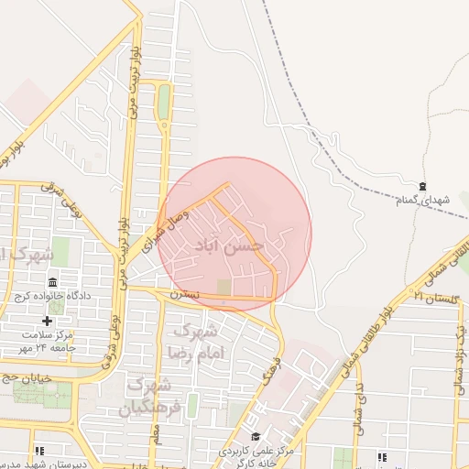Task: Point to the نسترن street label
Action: (183, 294)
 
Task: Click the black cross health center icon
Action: (48, 321)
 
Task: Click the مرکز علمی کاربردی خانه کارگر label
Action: (256, 457)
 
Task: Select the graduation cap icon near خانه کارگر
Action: (256, 437)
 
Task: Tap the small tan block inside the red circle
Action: (224, 288)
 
